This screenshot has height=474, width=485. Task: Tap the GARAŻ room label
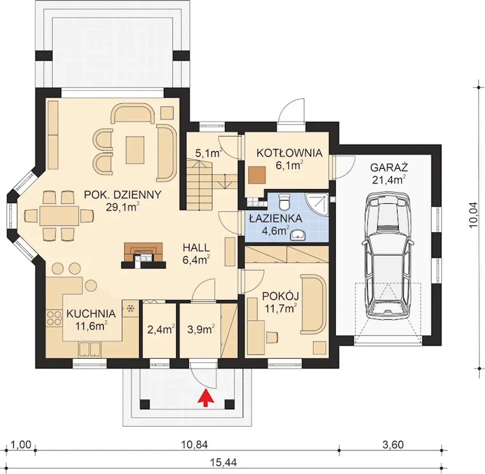tap(389, 167)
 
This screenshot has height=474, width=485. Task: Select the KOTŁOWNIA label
tap(289, 153)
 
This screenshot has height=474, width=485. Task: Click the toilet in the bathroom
tap(284, 202)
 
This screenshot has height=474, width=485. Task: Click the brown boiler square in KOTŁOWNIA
tap(257, 175)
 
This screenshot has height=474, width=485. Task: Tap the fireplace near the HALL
tap(144, 256)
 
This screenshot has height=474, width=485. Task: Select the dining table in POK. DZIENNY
tap(59, 216)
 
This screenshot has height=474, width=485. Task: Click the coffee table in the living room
tap(135, 150)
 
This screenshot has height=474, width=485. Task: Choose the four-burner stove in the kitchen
tap(54, 318)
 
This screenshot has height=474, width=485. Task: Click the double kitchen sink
tap(90, 349)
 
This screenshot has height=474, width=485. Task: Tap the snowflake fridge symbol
tap(130, 308)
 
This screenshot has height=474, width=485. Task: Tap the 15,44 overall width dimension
tap(224, 463)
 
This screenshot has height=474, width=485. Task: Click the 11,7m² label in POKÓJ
tap(281, 309)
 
